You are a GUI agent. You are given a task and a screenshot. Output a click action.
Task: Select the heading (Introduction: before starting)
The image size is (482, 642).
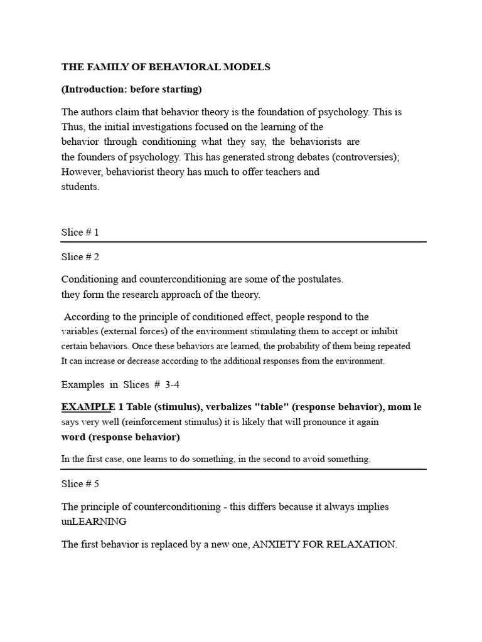[131, 89]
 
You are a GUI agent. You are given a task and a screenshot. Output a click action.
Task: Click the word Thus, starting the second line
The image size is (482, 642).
[73, 127]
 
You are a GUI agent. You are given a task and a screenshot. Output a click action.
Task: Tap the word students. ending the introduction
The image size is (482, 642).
[80, 187]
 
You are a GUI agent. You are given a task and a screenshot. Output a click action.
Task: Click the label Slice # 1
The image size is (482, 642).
[80, 232]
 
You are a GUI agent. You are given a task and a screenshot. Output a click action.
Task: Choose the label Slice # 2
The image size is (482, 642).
[80, 256]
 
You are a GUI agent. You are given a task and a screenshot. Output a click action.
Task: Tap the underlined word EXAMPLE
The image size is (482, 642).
[88, 407]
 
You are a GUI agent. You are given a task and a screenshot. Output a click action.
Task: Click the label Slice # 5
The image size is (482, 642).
[80, 483]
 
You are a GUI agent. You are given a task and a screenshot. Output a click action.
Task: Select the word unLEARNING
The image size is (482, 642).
[94, 522]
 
